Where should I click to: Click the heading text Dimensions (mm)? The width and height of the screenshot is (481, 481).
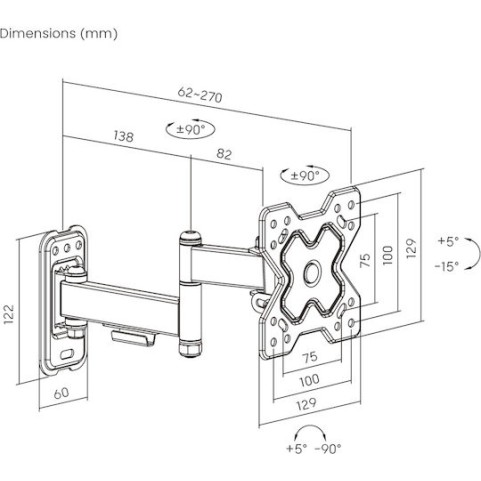[x=58, y=33]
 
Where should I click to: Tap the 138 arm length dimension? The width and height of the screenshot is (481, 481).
[x=124, y=134]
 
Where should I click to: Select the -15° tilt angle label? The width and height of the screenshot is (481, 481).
[x=448, y=266]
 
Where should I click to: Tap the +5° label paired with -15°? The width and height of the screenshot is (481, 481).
[x=448, y=241]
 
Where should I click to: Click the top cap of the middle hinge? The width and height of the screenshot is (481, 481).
[x=188, y=238]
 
